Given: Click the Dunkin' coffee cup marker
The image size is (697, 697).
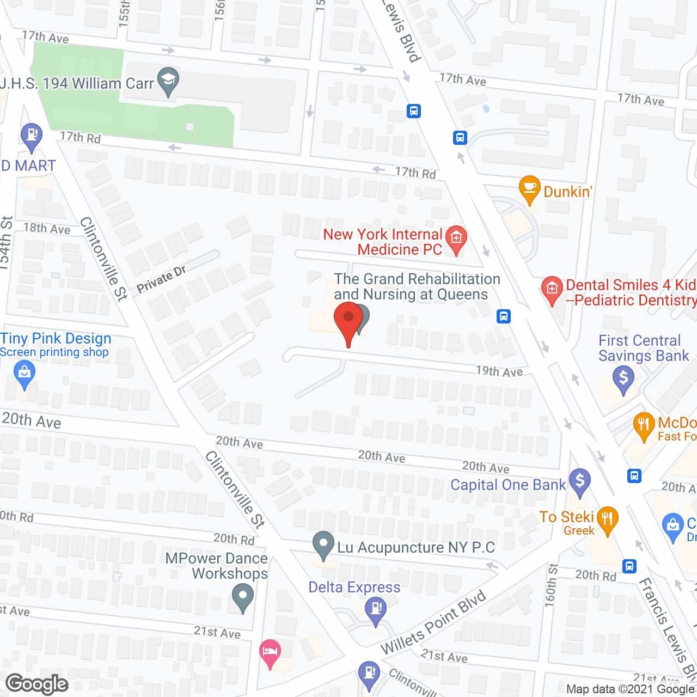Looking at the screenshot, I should (x=529, y=188).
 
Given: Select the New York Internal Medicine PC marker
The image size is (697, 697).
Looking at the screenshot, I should (x=456, y=238).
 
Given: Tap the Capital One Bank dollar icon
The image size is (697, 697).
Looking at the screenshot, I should (x=579, y=481).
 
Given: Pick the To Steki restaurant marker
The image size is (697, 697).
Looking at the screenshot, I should (x=607, y=518).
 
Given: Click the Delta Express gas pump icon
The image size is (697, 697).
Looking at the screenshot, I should (x=375, y=607).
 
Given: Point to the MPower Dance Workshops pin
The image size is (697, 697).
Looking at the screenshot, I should (x=243, y=595).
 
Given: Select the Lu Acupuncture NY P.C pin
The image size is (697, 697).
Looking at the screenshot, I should (x=323, y=544).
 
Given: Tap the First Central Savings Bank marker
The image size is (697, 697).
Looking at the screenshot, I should (x=623, y=377).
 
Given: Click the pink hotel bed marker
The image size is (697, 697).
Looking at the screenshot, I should (x=270, y=651).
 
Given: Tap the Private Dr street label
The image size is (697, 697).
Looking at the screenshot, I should (x=161, y=279).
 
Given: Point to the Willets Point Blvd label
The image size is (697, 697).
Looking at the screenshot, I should (x=433, y=623).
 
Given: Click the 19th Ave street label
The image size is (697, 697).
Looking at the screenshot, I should (x=499, y=371).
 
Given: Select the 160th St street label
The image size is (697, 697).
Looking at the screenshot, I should (x=551, y=585).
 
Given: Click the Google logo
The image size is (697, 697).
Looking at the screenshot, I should (x=37, y=684).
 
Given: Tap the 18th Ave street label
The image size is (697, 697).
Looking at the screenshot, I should (x=47, y=228).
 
